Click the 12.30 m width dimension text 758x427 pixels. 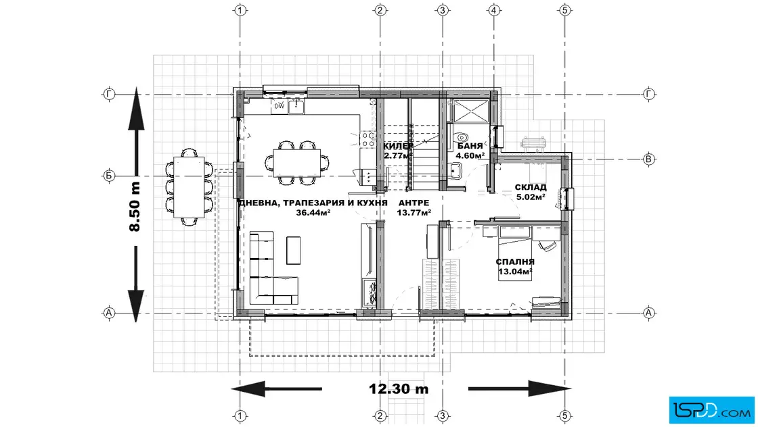399,389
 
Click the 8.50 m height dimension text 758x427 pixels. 135,207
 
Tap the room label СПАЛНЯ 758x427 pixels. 515,262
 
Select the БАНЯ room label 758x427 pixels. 470,146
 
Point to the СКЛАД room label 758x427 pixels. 531,187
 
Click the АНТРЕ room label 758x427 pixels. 414,203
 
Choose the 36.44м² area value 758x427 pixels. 313,212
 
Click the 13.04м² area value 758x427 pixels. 515,272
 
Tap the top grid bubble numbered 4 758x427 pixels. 493,9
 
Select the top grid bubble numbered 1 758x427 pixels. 240,9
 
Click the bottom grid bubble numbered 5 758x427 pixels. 564,416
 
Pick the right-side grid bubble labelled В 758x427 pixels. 649,159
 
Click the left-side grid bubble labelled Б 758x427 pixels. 109,176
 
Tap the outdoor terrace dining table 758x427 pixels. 189,187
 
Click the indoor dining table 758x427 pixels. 297,163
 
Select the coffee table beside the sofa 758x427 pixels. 294,251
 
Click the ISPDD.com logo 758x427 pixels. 711,410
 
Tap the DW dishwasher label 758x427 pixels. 280,106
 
